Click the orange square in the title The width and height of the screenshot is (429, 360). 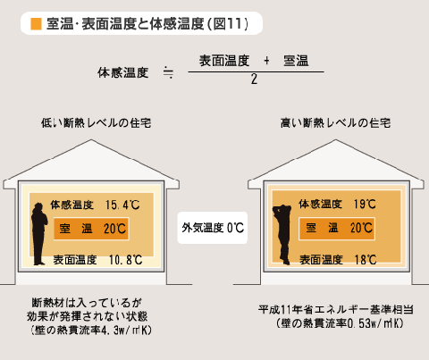pyautogui.click(x=36, y=24)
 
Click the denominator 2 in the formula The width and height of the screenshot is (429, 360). pyautogui.click(x=254, y=80)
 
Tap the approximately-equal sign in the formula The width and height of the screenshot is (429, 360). pyautogui.click(x=168, y=72)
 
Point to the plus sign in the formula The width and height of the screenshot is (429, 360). pyautogui.click(x=266, y=61)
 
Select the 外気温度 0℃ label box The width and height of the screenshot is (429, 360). pyautogui.click(x=213, y=228)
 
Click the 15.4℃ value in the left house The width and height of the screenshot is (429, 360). pyautogui.click(x=122, y=205)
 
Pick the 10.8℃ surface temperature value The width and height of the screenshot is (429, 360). pyautogui.click(x=125, y=260)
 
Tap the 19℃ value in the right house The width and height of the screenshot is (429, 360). pyautogui.click(x=365, y=204)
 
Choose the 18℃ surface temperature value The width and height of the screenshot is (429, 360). pyautogui.click(x=366, y=260)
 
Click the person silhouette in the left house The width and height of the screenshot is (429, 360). pyautogui.click(x=39, y=234)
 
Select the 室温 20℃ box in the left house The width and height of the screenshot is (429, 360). pyautogui.click(x=91, y=229)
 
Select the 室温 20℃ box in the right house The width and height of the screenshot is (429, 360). pyautogui.click(x=337, y=229)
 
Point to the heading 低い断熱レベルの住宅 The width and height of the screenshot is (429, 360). pyautogui.click(x=97, y=123)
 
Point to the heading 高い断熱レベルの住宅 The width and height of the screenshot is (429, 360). pyautogui.click(x=336, y=123)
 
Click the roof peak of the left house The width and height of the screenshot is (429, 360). pyautogui.click(x=91, y=140)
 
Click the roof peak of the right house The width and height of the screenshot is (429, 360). pyautogui.click(x=336, y=140)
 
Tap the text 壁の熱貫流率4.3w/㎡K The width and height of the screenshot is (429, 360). pyautogui.click(x=91, y=331)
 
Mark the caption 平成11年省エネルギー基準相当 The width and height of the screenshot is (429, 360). pyautogui.click(x=336, y=310)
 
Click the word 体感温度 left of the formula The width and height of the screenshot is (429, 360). pyautogui.click(x=122, y=72)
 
